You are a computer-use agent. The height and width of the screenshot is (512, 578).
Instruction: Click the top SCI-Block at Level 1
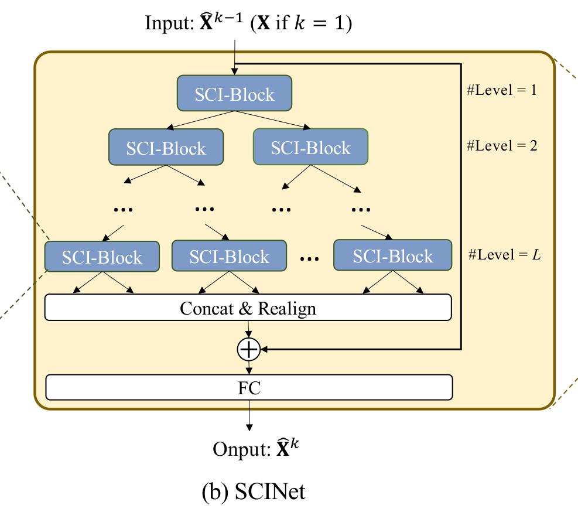tap(234, 94)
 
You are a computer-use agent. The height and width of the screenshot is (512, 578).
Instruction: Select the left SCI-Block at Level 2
tap(166, 147)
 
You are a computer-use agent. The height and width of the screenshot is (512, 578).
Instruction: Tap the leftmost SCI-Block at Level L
tap(102, 257)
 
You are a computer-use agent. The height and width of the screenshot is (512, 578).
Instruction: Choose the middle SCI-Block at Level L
tap(229, 256)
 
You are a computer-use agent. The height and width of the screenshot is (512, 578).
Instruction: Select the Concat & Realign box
tap(248, 308)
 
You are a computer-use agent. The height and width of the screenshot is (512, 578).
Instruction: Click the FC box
tap(249, 387)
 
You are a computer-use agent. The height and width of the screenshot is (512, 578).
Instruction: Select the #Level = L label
tap(504, 255)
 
